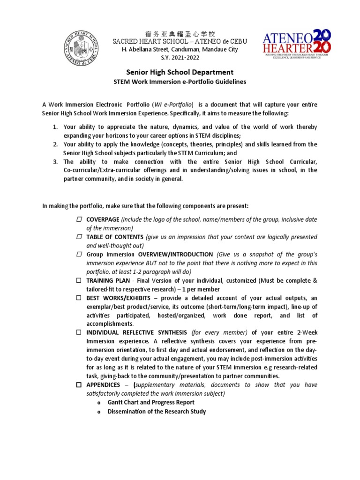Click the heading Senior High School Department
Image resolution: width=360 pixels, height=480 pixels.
(x=180, y=72)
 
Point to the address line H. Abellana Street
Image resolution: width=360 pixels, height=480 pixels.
(x=180, y=49)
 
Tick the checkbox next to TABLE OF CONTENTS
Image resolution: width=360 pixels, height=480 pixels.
(x=79, y=237)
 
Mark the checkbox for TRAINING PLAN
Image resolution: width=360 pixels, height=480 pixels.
(x=79, y=280)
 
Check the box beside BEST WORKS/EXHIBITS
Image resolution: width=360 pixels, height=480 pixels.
(x=79, y=298)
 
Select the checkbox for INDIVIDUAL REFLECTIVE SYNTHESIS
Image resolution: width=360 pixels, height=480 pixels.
(x=79, y=332)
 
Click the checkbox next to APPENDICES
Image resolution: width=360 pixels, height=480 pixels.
(x=79, y=385)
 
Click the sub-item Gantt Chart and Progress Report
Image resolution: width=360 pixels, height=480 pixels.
(x=151, y=402)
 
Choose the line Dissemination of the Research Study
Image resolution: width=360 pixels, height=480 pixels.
(x=157, y=412)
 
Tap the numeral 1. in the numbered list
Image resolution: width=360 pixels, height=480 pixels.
(x=54, y=127)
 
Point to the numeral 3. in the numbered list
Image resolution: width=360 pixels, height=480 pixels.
(x=54, y=162)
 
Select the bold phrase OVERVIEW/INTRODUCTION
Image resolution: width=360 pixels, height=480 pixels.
(x=175, y=255)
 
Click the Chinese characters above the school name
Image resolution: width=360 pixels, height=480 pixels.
(x=180, y=34)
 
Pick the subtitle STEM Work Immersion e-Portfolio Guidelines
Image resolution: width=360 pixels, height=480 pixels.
(x=180, y=82)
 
